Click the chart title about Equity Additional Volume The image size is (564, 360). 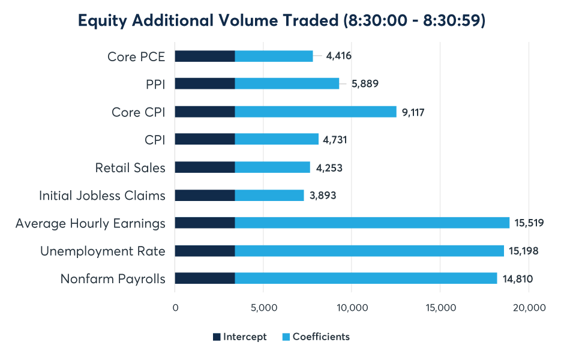[281, 21]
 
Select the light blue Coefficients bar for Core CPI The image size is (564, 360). [316, 112]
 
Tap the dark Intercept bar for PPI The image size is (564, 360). [205, 84]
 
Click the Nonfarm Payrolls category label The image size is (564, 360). [113, 279]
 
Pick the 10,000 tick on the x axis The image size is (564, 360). [352, 308]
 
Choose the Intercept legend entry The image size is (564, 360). [240, 337]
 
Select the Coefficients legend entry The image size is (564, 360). [315, 337]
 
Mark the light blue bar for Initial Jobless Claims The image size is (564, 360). [269, 195]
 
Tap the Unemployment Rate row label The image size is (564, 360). [103, 251]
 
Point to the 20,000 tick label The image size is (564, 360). [529, 308]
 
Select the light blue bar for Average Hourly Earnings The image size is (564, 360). [372, 223]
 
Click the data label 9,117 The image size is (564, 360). [412, 112]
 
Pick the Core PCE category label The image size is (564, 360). [136, 56]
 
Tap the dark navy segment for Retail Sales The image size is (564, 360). [205, 167]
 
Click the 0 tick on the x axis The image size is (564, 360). [175, 308]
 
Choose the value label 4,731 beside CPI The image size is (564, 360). [335, 140]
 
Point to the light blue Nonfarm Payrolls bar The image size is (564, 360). [366, 278]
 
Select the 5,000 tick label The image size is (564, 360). [263, 308]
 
